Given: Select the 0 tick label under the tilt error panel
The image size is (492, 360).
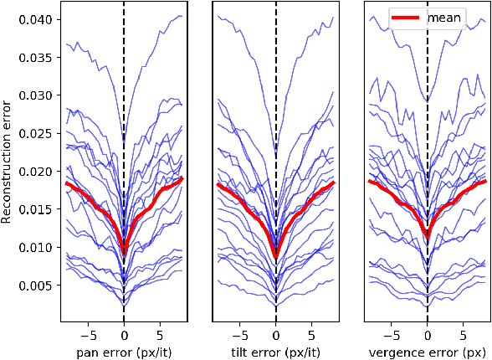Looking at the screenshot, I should click(x=276, y=332).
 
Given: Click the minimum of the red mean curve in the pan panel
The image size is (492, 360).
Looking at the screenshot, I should click(x=124, y=250).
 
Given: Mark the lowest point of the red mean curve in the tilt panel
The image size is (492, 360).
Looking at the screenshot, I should click(x=276, y=255).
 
